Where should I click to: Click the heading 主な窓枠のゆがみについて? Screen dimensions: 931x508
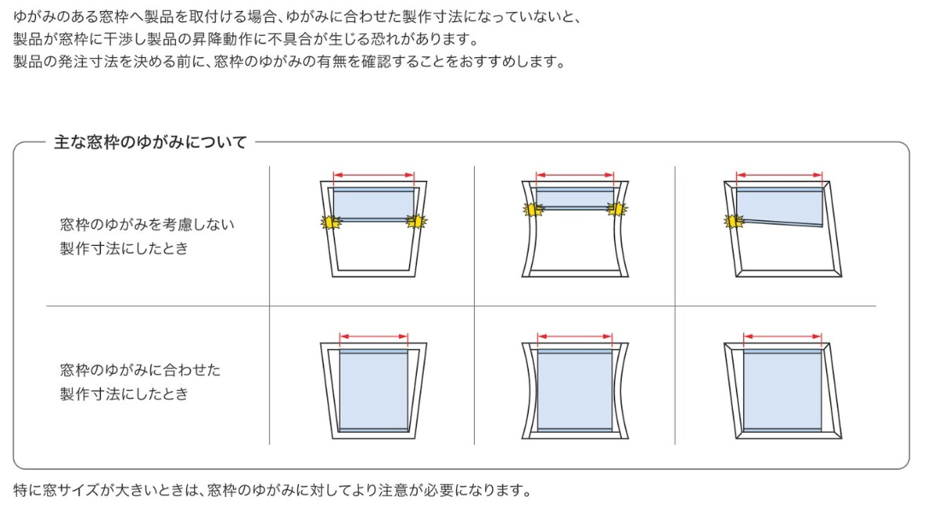click(x=150, y=143)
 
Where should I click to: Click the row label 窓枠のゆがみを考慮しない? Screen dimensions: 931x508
click(x=147, y=225)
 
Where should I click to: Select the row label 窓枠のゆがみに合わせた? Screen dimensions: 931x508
click(x=140, y=371)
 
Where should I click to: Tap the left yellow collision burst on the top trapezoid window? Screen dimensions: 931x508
click(x=331, y=222)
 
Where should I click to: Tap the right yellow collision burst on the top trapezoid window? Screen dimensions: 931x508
click(x=417, y=221)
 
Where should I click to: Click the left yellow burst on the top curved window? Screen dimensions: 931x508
click(x=533, y=209)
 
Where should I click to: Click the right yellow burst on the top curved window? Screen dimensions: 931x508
click(x=617, y=209)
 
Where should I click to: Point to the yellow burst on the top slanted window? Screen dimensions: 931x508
click(x=735, y=221)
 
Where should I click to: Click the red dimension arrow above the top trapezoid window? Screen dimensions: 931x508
click(x=373, y=175)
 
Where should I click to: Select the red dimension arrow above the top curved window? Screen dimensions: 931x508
click(x=575, y=175)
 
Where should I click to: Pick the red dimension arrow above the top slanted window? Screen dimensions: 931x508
click(x=779, y=175)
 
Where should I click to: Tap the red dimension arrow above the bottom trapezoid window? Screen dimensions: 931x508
click(x=373, y=336)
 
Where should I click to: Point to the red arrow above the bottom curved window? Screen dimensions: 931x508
click(x=575, y=336)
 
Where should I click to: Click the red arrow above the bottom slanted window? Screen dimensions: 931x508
click(x=782, y=336)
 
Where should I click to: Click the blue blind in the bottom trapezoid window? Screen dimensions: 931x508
click(x=373, y=390)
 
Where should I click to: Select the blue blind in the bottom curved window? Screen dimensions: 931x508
click(x=575, y=390)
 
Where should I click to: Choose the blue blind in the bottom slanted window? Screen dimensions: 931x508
click(x=782, y=390)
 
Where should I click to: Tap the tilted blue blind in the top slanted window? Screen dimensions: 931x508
click(x=779, y=207)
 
